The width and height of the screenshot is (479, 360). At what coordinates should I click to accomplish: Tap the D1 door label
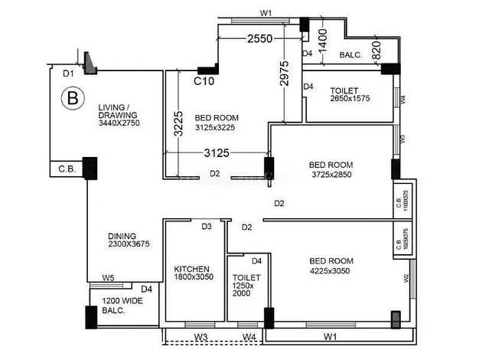(x=68, y=74)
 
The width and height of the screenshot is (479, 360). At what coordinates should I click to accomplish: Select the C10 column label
(x=203, y=80)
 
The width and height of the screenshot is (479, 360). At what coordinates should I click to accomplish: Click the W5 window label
(x=109, y=278)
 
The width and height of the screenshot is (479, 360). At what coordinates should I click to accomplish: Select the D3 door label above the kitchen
(x=207, y=227)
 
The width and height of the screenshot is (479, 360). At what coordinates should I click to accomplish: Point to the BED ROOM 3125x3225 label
(x=217, y=123)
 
